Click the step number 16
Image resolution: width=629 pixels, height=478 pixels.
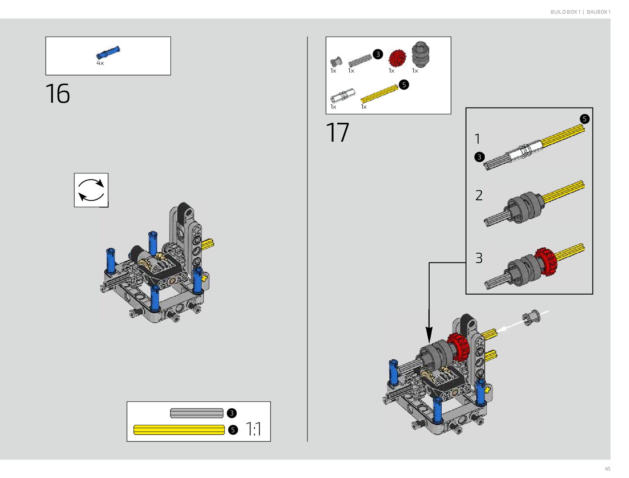(x=57, y=94)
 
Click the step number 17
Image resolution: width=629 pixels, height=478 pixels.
(x=337, y=133)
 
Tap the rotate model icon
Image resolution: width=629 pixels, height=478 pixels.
(x=91, y=190)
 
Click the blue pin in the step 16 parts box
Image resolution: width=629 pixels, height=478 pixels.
(x=108, y=52)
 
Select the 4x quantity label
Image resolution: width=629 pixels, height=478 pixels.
(x=100, y=63)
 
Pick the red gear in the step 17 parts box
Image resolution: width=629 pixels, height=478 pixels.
(x=397, y=58)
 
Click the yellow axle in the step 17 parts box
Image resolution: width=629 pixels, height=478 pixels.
(x=379, y=94)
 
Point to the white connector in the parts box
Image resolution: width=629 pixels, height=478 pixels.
(x=342, y=96)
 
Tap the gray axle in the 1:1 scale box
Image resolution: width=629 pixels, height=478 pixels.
(x=197, y=413)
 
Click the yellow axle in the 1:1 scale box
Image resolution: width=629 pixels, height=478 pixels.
(x=179, y=430)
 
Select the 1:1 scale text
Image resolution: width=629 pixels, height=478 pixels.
(x=253, y=429)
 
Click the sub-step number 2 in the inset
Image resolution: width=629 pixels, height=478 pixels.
(x=479, y=195)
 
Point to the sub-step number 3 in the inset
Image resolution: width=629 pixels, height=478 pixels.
(x=479, y=258)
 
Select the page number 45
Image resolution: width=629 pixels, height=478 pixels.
(x=607, y=469)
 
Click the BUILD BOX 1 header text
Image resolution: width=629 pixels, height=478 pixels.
(x=565, y=12)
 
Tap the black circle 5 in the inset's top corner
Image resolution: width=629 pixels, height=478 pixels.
(x=584, y=119)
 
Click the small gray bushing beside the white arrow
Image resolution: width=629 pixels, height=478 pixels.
(x=531, y=317)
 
